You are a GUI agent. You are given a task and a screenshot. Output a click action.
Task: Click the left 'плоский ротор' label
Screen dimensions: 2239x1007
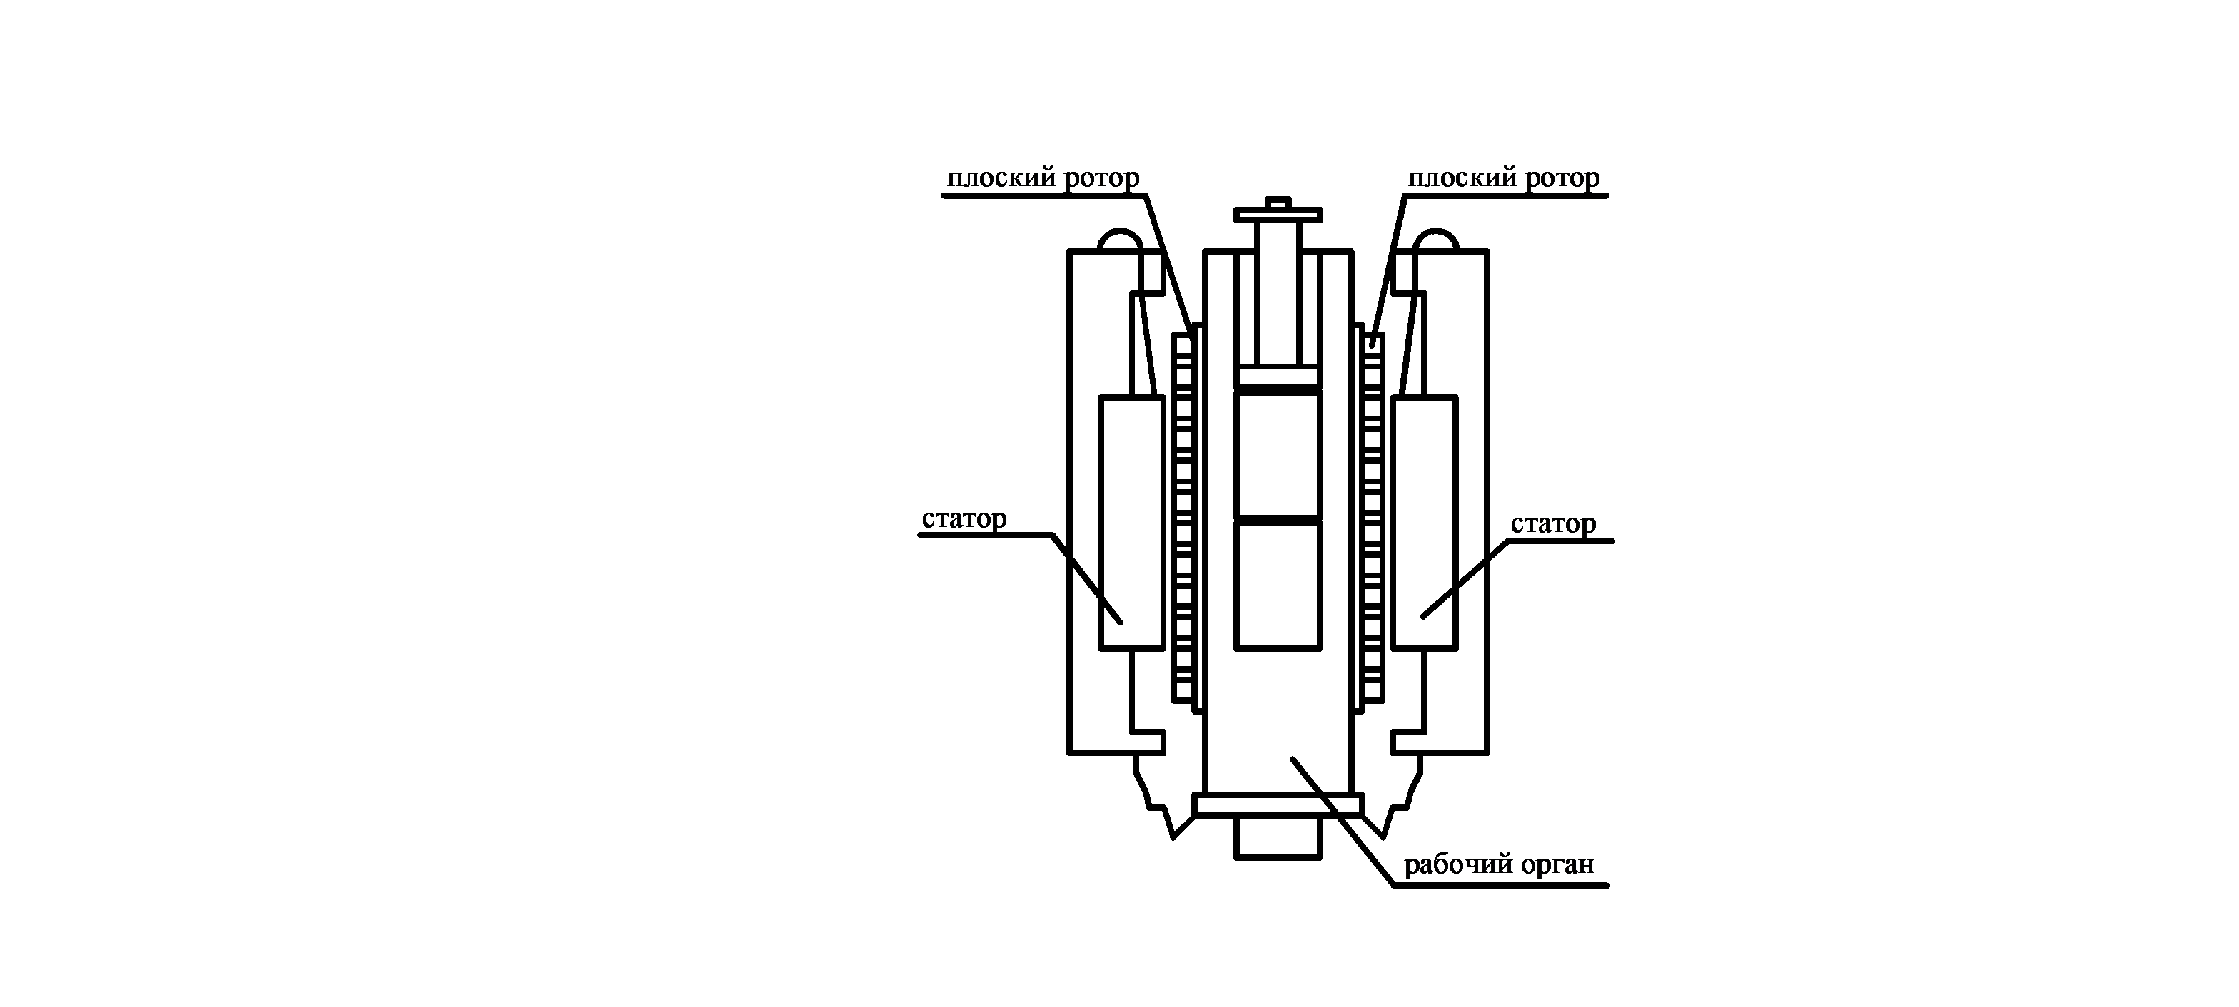click(x=1042, y=178)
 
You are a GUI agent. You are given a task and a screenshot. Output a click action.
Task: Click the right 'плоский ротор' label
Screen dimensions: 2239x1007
click(x=1503, y=178)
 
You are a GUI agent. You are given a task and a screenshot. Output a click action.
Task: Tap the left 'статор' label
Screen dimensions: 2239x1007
click(x=964, y=518)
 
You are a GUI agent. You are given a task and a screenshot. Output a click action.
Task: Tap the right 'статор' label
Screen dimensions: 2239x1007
click(x=1553, y=524)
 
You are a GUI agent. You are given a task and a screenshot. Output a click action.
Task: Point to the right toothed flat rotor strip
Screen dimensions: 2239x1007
click(x=1372, y=521)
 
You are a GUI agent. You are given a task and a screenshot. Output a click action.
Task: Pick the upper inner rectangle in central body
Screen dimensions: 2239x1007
click(x=1278, y=454)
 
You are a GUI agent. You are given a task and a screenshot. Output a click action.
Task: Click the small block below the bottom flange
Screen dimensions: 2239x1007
click(x=1278, y=837)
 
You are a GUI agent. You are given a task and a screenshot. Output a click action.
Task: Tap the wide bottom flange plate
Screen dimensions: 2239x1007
click(x=1278, y=804)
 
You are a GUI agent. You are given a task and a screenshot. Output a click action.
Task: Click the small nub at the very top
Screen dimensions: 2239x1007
click(x=1278, y=203)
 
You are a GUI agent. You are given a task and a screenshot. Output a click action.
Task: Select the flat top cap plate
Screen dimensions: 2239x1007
click(x=1278, y=215)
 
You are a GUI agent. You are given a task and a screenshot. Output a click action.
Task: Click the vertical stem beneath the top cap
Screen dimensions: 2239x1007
click(x=1278, y=291)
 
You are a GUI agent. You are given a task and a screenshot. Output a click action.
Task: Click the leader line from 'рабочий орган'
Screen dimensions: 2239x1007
click(x=1343, y=821)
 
